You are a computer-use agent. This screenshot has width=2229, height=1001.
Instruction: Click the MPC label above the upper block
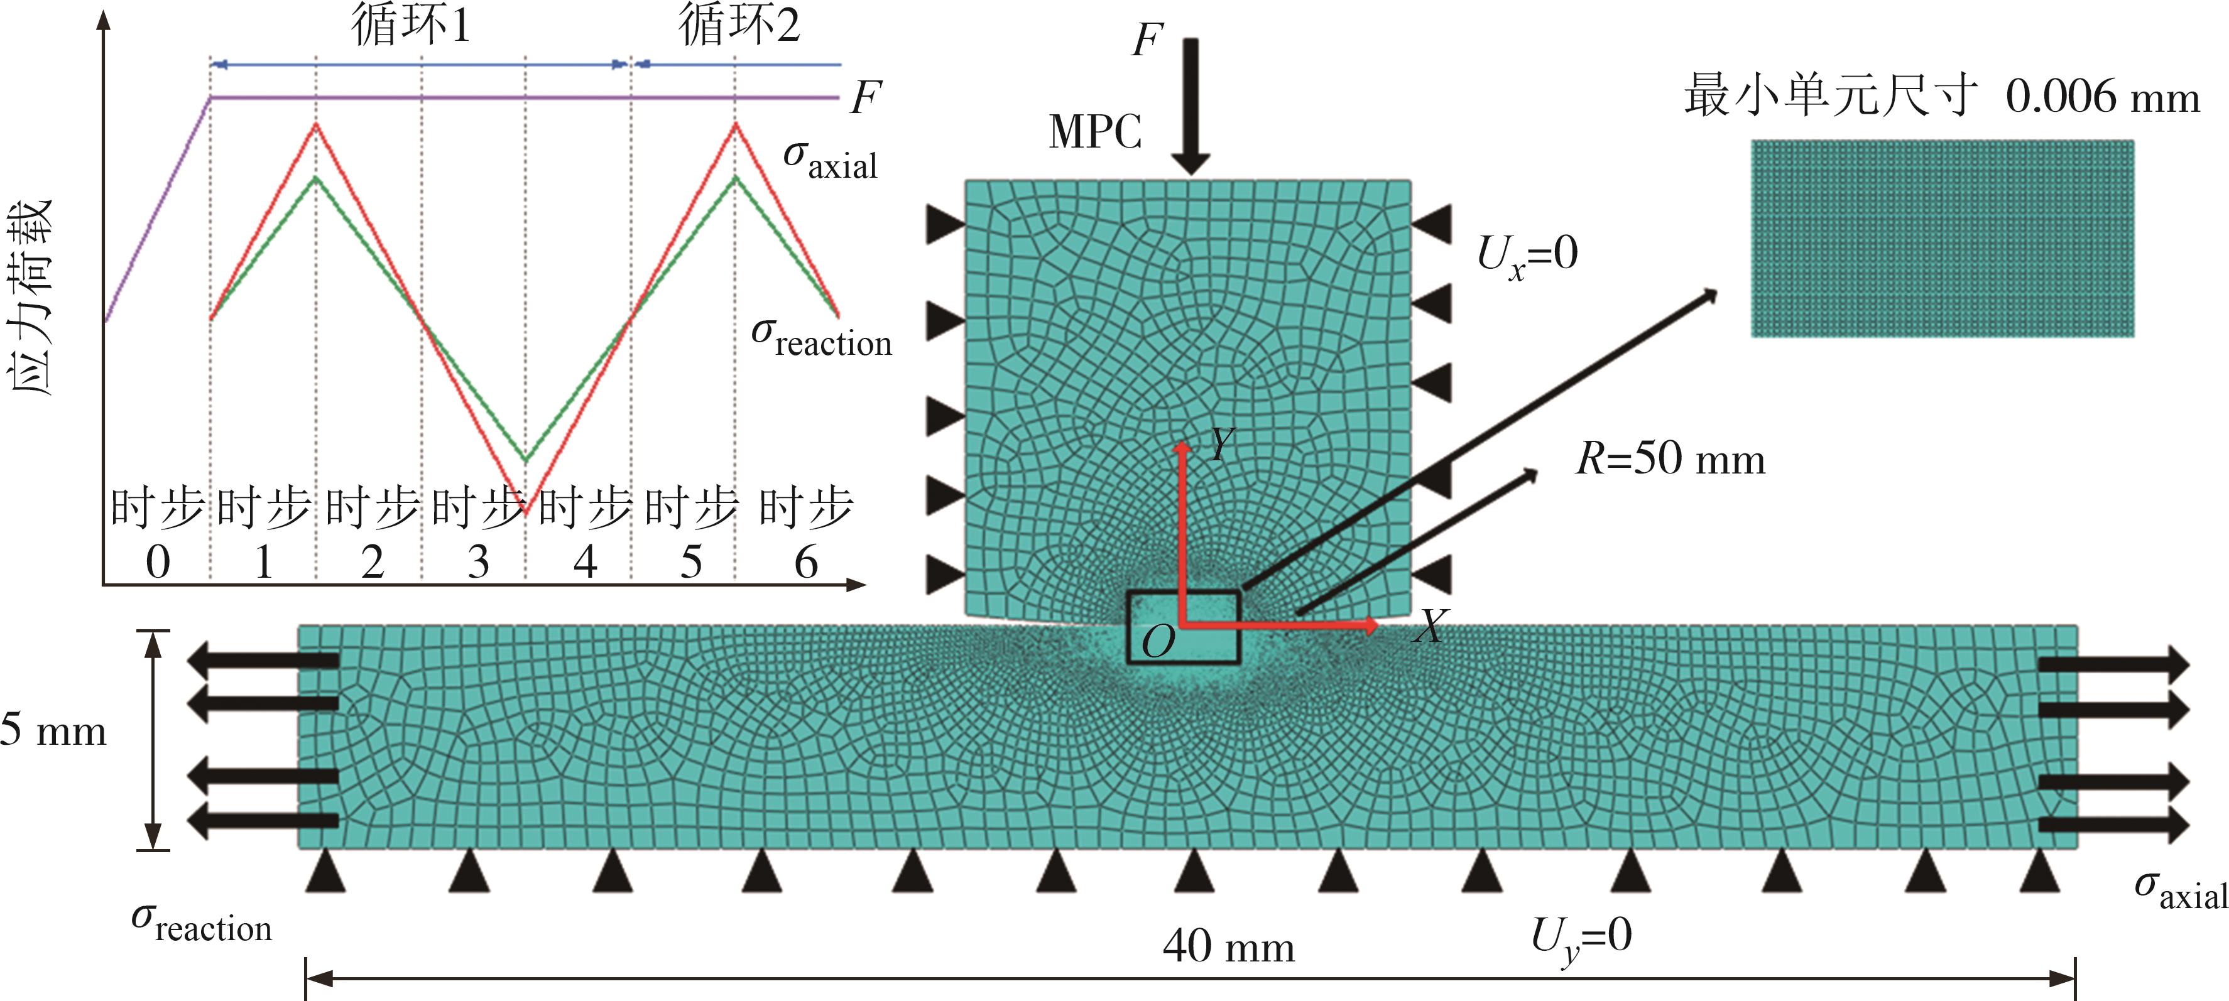(1094, 133)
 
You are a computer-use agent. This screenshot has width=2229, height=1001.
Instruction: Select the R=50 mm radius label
(1670, 458)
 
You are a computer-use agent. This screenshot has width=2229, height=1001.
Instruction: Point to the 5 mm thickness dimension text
(53, 730)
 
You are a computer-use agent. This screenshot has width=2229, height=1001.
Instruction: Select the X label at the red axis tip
(1429, 625)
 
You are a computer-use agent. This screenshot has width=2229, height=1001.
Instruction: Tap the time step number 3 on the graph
(479, 563)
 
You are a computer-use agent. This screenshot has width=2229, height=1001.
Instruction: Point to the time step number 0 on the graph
(158, 563)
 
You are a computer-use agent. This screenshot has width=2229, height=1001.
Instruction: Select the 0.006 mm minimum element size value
(2103, 97)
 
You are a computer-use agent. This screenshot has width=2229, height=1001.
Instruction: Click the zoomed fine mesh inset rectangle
(1942, 238)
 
